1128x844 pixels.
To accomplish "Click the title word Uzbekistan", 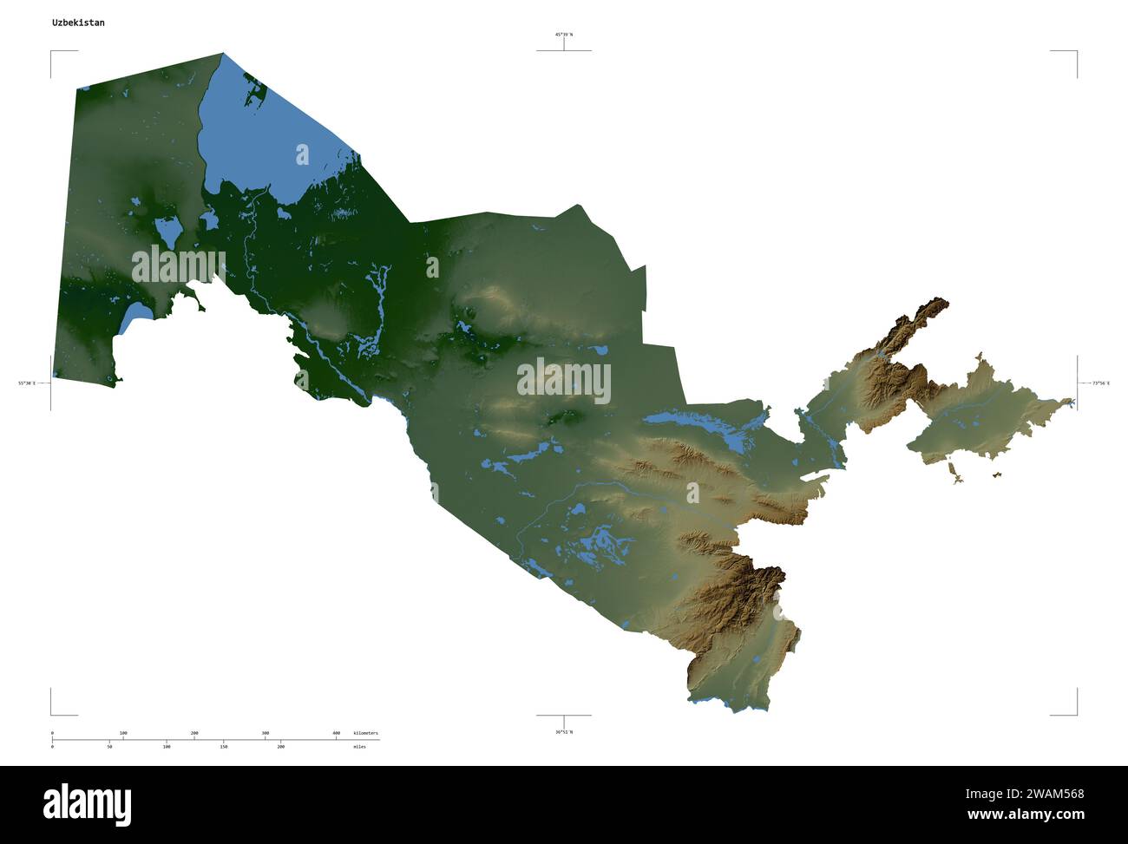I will pyautogui.click(x=78, y=23).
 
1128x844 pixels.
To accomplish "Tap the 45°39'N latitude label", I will pyautogui.click(x=564, y=35).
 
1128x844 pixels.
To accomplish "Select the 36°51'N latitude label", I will pyautogui.click(x=564, y=732).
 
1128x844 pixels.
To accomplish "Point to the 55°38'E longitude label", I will pyautogui.click(x=27, y=383).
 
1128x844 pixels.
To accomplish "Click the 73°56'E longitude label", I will pyautogui.click(x=1100, y=383).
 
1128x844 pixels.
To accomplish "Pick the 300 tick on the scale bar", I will pyautogui.click(x=266, y=734).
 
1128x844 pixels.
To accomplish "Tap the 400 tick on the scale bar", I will pyautogui.click(x=337, y=734).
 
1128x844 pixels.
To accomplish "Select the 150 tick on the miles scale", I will pyautogui.click(x=223, y=746).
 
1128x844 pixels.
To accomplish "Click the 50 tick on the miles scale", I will pyautogui.click(x=109, y=746).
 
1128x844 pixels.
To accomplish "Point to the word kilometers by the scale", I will pyautogui.click(x=366, y=734).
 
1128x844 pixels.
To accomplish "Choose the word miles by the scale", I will pyautogui.click(x=359, y=746).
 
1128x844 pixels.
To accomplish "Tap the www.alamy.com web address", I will pyautogui.click(x=1026, y=815).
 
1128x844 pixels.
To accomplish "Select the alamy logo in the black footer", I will pyautogui.click(x=87, y=804).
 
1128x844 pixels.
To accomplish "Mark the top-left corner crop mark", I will pyautogui.click(x=51, y=52).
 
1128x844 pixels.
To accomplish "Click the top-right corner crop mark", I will pyautogui.click(x=1076, y=52).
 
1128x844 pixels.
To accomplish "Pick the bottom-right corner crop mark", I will pyautogui.click(x=1076, y=714).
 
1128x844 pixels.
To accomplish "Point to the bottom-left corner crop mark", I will pyautogui.click(x=51, y=714).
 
